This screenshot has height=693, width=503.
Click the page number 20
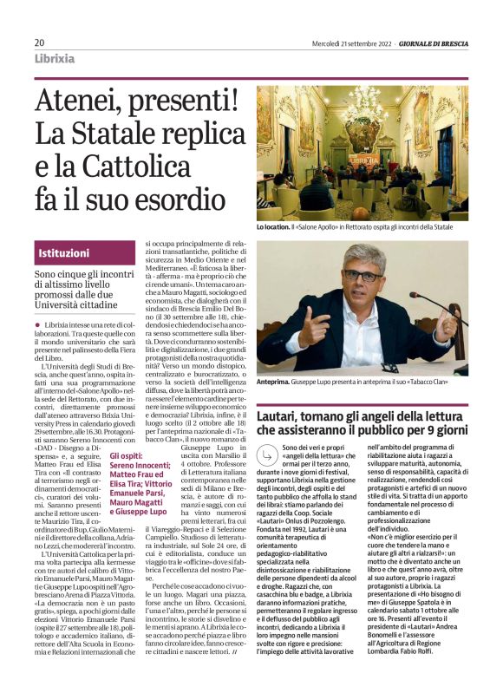[x=40, y=42]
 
